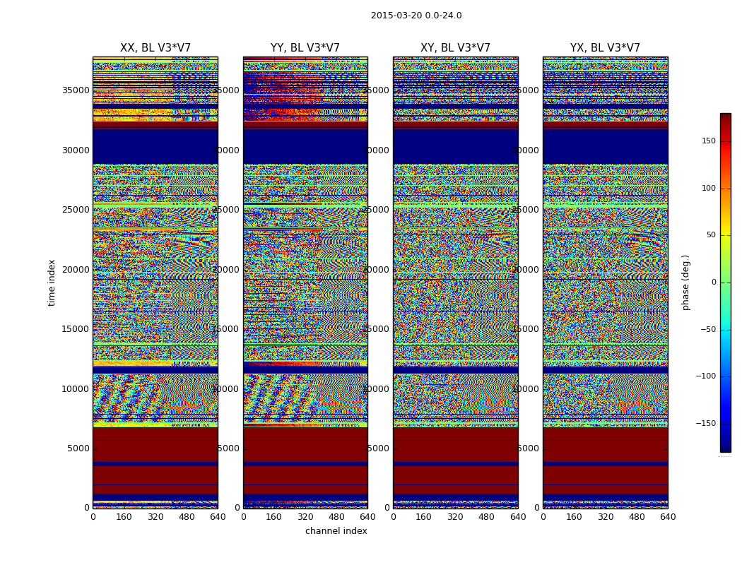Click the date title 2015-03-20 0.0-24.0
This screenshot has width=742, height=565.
pyautogui.click(x=416, y=16)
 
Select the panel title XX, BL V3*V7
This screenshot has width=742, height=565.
pyautogui.click(x=155, y=48)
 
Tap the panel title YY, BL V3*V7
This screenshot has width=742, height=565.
pyautogui.click(x=305, y=48)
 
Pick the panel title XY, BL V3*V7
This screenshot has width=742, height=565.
pyautogui.click(x=455, y=48)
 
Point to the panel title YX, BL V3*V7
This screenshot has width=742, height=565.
pyautogui.click(x=605, y=48)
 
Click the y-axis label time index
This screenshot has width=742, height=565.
pyautogui.click(x=52, y=282)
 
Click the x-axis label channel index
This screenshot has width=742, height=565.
pyautogui.click(x=336, y=531)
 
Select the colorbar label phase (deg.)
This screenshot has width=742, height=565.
pyautogui.click(x=685, y=282)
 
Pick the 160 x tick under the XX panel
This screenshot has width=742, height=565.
pyautogui.click(x=124, y=517)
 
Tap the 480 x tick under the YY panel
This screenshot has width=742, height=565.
pyautogui.click(x=336, y=517)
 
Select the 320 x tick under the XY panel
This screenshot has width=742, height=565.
pyautogui.click(x=455, y=517)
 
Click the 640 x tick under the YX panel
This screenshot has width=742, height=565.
pyautogui.click(x=668, y=517)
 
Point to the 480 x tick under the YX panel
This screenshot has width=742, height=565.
pyautogui.click(x=637, y=517)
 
